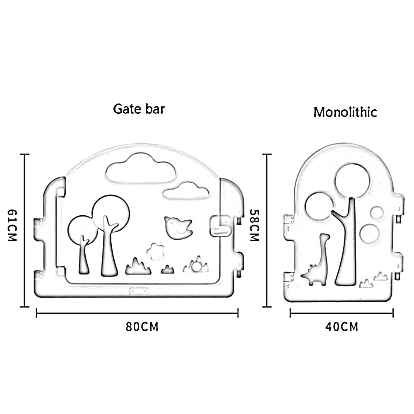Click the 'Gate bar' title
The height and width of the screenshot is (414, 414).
pos(139,109)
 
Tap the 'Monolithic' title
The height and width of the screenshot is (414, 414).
pos(345,112)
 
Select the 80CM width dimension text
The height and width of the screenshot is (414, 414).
pos(142,326)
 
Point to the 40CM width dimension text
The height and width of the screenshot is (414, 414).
pos(341,327)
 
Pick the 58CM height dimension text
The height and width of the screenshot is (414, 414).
pos(254,225)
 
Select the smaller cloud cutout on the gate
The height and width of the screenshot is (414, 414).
pos(186,191)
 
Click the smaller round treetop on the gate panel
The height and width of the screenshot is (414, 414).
pos(82,229)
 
